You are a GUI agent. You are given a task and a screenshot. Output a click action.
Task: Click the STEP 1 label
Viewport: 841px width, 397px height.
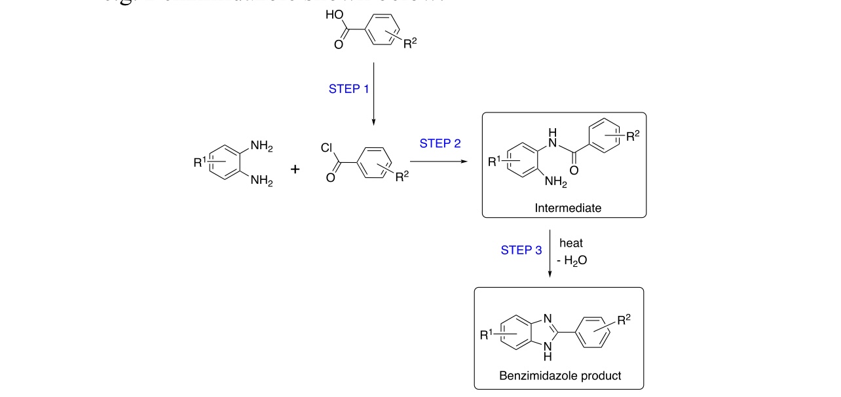[x=348, y=89]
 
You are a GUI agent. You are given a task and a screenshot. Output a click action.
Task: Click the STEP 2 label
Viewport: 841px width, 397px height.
[x=441, y=143]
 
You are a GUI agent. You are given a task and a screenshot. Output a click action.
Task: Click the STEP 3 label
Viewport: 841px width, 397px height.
[x=521, y=249]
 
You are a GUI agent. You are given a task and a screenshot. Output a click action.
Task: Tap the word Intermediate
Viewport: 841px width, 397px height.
[x=567, y=209]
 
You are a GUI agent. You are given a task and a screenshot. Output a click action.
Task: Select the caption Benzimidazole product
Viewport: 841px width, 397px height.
[x=559, y=375]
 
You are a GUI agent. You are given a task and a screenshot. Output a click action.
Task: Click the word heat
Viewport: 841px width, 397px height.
[x=570, y=243]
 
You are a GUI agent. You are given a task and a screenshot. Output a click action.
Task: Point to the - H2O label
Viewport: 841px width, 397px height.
[x=572, y=260]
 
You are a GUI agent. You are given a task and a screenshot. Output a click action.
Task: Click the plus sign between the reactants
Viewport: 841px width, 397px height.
[x=295, y=169]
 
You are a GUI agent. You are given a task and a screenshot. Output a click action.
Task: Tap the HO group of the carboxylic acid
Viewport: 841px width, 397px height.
[x=333, y=15]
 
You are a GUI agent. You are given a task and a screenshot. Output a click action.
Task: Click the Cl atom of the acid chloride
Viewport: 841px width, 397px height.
[x=327, y=148]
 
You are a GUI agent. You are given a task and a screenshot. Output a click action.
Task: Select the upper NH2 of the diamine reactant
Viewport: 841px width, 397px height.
[x=261, y=147]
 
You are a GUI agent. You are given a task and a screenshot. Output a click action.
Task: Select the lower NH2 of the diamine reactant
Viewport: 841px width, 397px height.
[x=261, y=181]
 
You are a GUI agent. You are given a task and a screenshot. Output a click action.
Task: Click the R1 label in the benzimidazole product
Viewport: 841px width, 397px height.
[x=486, y=336]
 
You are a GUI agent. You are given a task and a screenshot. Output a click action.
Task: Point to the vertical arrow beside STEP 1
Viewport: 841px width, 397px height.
[x=373, y=92]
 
